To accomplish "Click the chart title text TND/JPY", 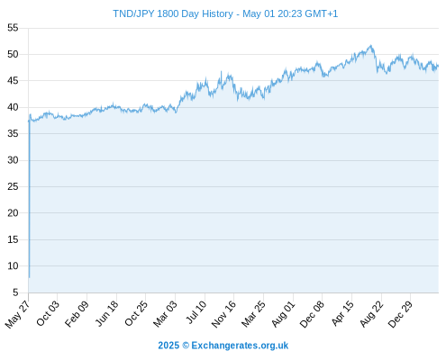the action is [x=133, y=14].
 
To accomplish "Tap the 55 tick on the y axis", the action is [x=13, y=28].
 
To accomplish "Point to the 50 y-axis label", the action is [x=13, y=54].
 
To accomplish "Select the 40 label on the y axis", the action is [x=13, y=107].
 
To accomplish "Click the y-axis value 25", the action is [x=13, y=186].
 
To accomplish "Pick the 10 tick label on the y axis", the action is [x=13, y=265].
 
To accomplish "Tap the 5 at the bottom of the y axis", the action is [x=15, y=292].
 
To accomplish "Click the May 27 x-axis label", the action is [x=18, y=314].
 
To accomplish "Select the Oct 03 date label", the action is [x=48, y=313].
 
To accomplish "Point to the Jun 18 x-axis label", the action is [x=107, y=313].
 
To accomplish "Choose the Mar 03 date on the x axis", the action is [x=166, y=314].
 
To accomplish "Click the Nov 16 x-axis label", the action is [x=223, y=314].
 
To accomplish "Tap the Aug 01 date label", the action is [x=284, y=314].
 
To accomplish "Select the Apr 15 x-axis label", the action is [x=342, y=313].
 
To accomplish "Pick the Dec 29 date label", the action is [x=400, y=314].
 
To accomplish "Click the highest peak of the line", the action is [x=371, y=45].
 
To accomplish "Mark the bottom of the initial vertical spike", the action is [x=29, y=277].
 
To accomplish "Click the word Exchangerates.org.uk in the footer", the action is [x=240, y=346].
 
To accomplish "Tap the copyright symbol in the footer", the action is [x=186, y=346].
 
